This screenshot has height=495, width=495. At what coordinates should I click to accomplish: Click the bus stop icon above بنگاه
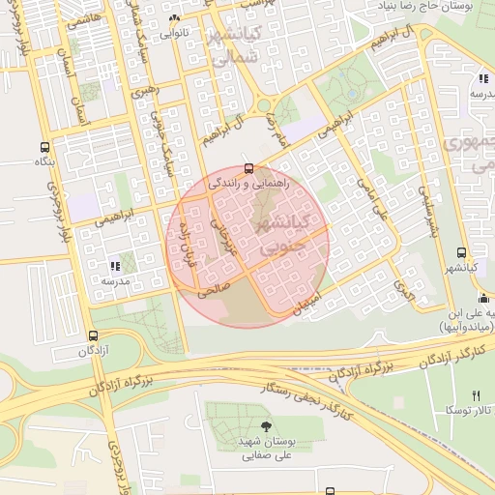pyautogui.click(x=44, y=147)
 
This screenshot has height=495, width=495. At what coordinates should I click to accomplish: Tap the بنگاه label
pyautogui.click(x=44, y=161)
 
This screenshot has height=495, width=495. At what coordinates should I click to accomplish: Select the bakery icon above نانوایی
pyautogui.click(x=173, y=18)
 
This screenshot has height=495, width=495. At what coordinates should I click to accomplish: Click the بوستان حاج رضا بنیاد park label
pyautogui.click(x=435, y=6)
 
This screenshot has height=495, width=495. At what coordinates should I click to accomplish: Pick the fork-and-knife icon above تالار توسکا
pyautogui.click(x=475, y=395)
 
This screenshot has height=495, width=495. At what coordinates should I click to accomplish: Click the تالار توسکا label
pyautogui.click(x=473, y=411)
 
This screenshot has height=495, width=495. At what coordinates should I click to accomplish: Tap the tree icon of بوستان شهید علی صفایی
pyautogui.click(x=266, y=425)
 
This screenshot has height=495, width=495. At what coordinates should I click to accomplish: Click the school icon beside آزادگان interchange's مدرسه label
pyautogui.click(x=115, y=265)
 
